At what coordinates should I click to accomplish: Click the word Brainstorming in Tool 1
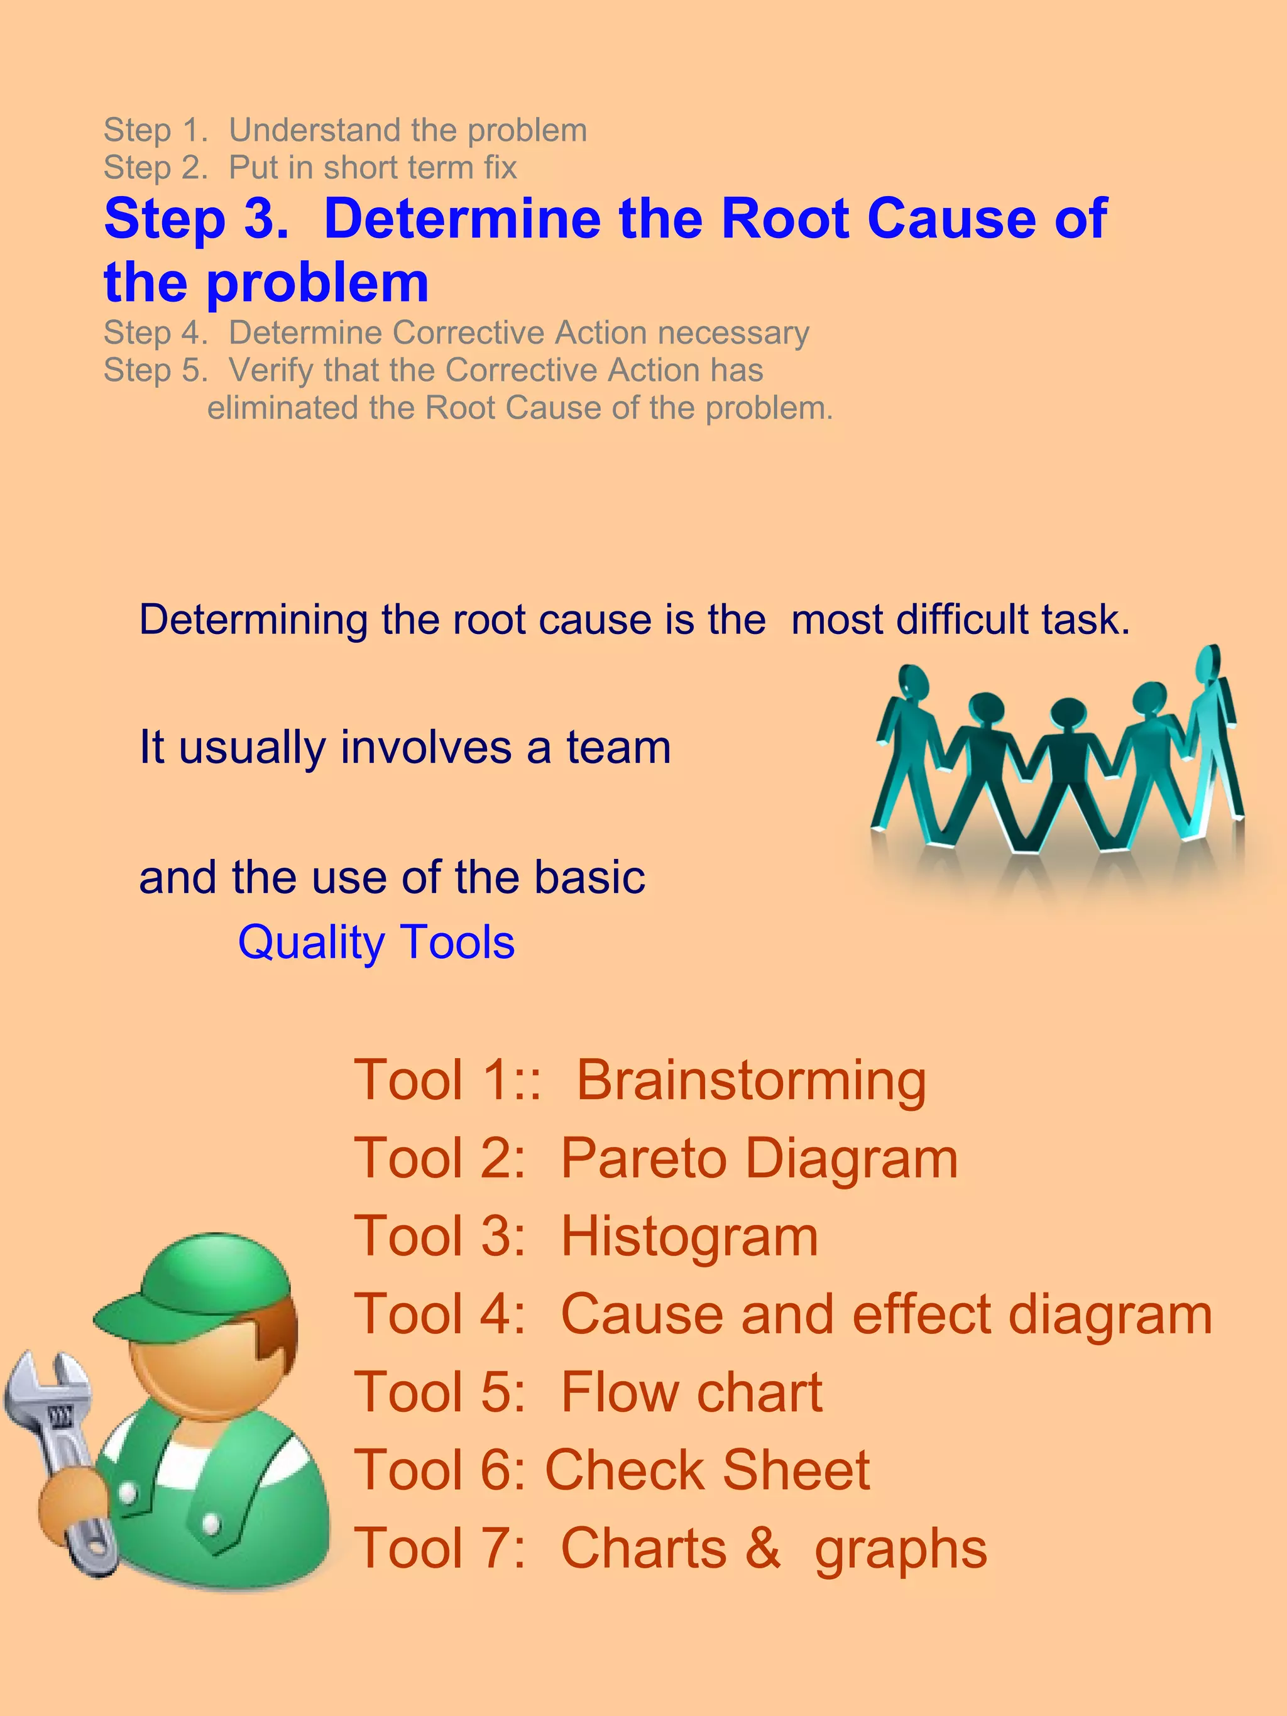tap(751, 1081)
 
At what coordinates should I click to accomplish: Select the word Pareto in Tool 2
tap(643, 1158)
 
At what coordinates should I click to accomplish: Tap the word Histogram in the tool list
tap(689, 1236)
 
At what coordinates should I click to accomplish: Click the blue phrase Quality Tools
tap(376, 943)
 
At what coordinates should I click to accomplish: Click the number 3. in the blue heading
tap(266, 219)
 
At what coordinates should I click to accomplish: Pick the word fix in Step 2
tap(500, 168)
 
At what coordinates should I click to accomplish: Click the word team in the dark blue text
tap(618, 747)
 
